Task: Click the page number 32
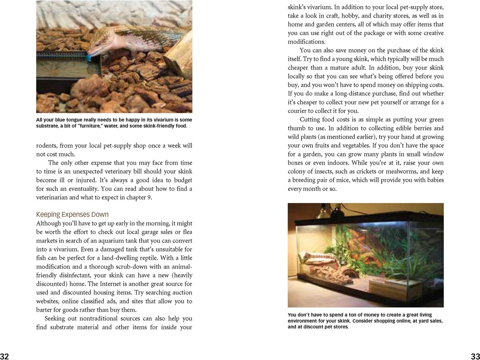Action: (5, 356)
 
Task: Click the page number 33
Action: (475, 356)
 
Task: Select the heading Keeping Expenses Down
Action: (72, 214)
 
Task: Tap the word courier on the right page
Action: (299, 111)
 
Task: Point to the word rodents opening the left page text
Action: (48, 146)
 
